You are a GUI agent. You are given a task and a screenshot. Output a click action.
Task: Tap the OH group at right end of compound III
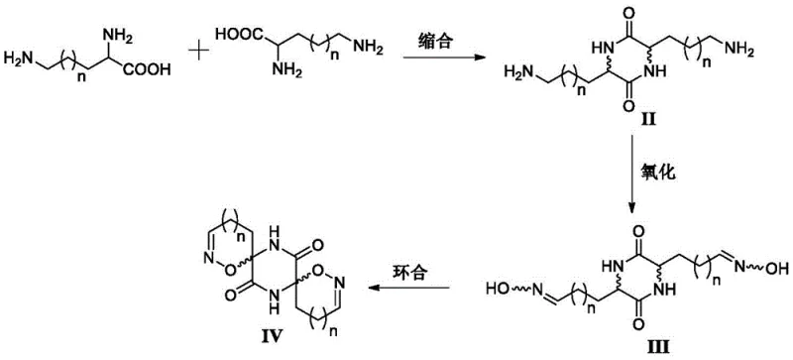point(778,267)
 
